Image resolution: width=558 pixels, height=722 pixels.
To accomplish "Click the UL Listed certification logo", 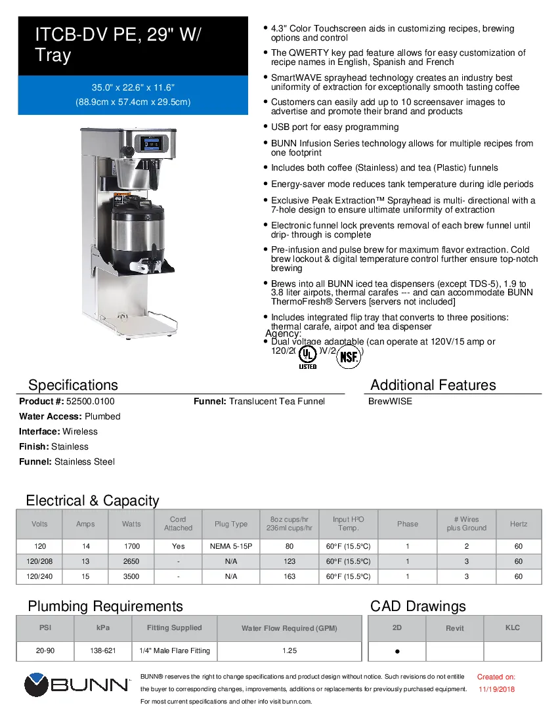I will (307, 356).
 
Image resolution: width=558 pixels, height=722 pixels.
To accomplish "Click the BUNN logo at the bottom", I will (77, 686).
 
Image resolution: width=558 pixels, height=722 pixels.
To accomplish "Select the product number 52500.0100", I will (86, 401).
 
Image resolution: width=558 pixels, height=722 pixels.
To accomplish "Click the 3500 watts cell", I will (131, 576).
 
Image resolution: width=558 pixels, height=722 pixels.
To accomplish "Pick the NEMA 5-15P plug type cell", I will (231, 546).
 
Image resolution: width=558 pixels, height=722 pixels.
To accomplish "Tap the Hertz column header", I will (518, 524).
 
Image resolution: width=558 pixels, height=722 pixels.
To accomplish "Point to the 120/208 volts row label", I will (39, 562).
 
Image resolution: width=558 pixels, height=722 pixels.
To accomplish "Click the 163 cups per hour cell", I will (290, 576).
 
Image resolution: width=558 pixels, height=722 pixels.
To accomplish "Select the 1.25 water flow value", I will (290, 650).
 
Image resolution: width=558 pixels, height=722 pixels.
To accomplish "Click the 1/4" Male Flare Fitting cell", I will (175, 650).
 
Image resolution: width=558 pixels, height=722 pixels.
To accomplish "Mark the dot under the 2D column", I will (398, 652).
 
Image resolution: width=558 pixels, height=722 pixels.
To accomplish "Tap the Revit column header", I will (454, 628).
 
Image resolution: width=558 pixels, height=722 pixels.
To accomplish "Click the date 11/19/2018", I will (496, 689).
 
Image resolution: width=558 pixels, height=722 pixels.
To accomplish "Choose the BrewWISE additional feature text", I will (391, 401).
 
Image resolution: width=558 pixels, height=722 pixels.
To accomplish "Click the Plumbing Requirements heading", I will (105, 606).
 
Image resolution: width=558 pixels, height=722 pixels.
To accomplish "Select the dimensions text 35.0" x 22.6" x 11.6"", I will (133, 87).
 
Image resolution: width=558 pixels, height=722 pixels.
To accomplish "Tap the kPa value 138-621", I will (103, 650).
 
